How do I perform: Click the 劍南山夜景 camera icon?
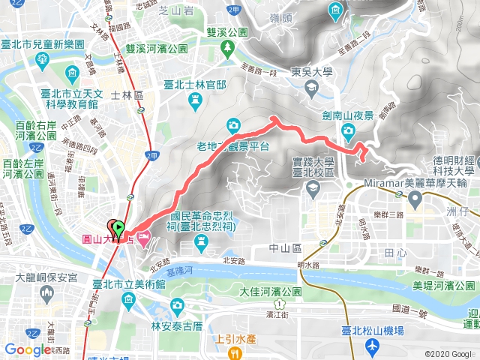click(x=348, y=132)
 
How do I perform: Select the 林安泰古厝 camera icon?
click(x=177, y=305)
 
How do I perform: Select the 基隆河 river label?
click(x=195, y=269)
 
